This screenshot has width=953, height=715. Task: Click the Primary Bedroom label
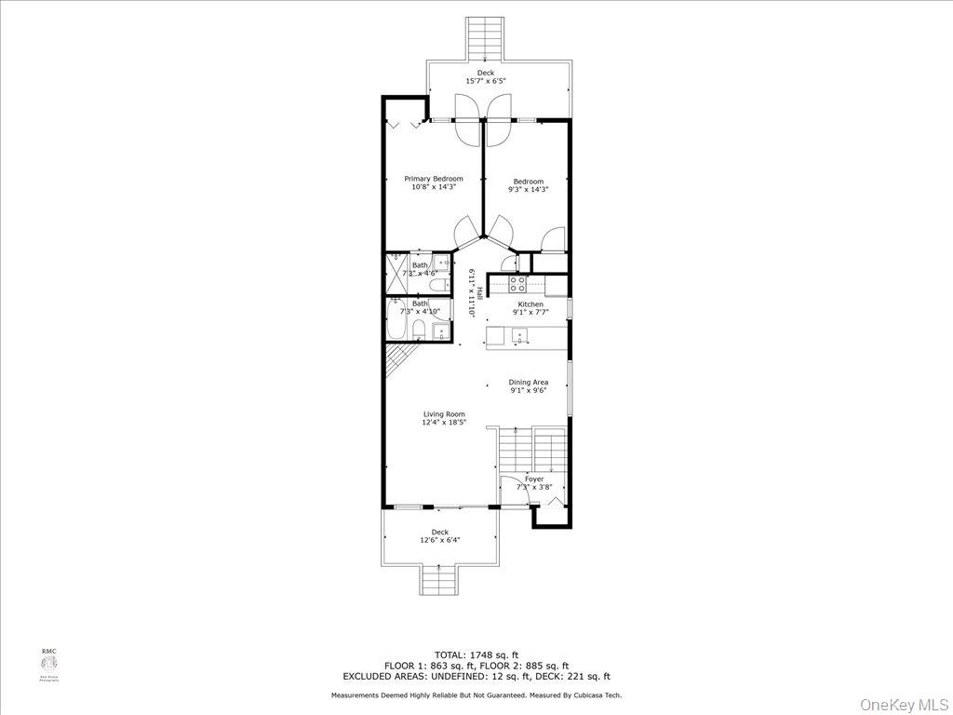pos(433,179)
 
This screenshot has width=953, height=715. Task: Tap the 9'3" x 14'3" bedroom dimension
pos(528,190)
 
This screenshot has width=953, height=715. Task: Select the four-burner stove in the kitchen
pos(517,282)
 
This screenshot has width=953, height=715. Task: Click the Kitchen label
pos(530,304)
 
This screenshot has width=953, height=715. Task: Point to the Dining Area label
pos(528,382)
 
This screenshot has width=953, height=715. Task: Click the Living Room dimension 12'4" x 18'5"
pos(444,423)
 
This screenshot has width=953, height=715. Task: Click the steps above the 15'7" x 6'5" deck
pos(485,38)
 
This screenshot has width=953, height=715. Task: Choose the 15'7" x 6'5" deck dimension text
pos(486,81)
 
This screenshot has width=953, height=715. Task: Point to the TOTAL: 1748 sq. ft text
pos(476,654)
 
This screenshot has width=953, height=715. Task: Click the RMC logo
pos(48,664)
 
